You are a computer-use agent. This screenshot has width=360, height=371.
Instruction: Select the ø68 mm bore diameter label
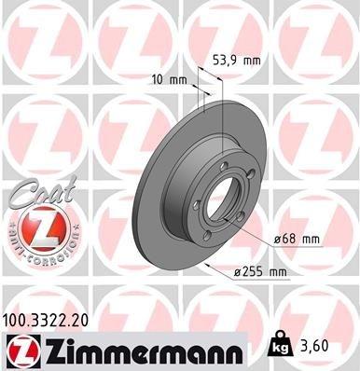tap(297, 240)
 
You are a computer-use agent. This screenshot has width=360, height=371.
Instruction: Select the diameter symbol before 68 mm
tap(277, 240)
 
